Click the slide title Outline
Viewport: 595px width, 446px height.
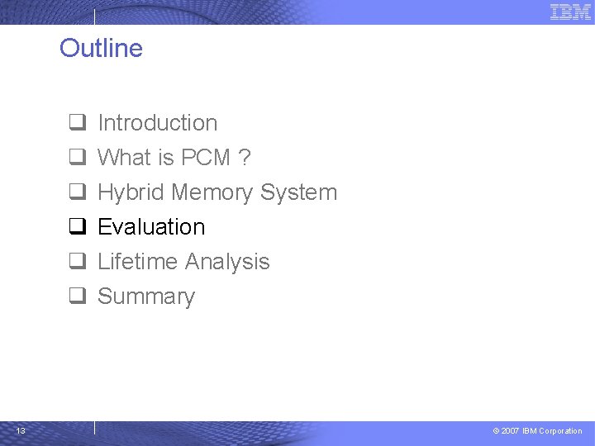click(101, 48)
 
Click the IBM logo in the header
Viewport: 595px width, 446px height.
click(570, 12)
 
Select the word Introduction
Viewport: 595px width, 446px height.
click(157, 123)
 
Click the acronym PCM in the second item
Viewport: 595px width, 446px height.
click(205, 158)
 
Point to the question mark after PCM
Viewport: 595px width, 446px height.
click(245, 158)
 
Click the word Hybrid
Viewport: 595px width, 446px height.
click(131, 192)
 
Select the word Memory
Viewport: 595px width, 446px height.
click(212, 192)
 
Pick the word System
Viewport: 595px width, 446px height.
click(298, 192)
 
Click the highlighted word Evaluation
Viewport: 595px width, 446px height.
click(151, 227)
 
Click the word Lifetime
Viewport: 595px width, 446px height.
click(136, 262)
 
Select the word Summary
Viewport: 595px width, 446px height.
click(146, 297)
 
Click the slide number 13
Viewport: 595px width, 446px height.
click(21, 430)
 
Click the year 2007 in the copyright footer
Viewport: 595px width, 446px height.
click(511, 431)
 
